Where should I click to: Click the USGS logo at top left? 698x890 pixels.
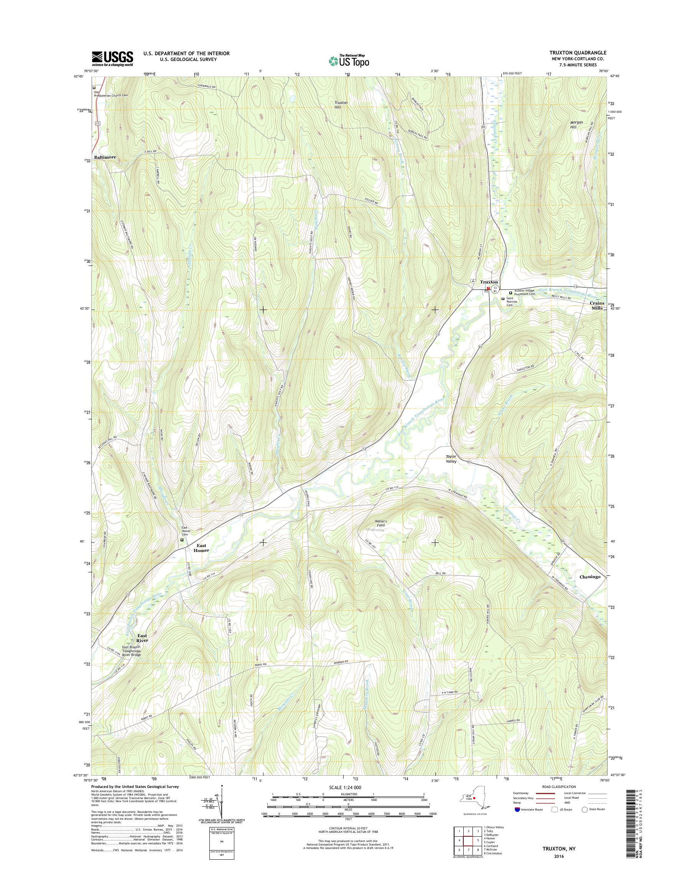[x=112, y=59]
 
